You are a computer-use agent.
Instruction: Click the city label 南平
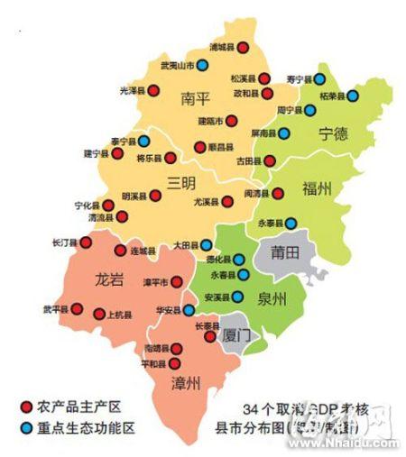click(x=197, y=96)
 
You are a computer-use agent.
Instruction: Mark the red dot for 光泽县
click(x=153, y=90)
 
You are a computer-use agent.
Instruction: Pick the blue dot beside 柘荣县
click(x=353, y=95)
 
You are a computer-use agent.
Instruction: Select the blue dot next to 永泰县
click(x=291, y=222)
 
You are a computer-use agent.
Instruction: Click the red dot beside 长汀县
click(x=79, y=242)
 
